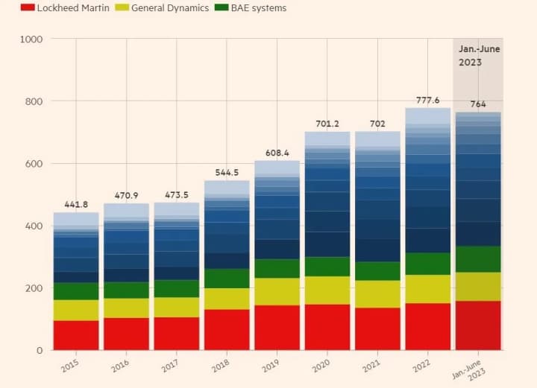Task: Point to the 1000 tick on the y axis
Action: (x=31, y=39)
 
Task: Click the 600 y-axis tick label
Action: (x=34, y=164)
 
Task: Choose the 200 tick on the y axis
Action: (x=34, y=288)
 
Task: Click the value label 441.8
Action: (x=76, y=205)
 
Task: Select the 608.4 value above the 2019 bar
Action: (x=277, y=153)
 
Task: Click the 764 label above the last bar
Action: (x=478, y=104)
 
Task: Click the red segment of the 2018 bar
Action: (x=227, y=329)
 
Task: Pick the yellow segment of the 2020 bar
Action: (x=327, y=290)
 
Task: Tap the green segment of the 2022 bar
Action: (x=427, y=264)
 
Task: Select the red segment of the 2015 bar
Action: (x=76, y=335)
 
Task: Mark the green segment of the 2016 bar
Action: (x=126, y=290)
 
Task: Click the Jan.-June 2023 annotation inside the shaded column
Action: (x=478, y=56)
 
